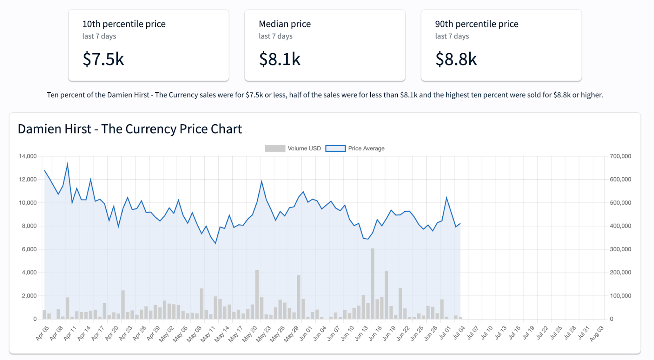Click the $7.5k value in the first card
point(103,59)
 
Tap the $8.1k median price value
point(280,59)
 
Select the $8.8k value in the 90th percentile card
point(456,59)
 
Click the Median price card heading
point(284,24)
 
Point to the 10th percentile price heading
point(124,24)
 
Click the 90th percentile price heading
point(477,24)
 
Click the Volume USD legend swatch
point(275,148)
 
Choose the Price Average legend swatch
point(336,148)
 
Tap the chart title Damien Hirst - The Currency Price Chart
point(130,129)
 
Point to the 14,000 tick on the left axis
point(28,156)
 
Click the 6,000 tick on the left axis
point(29,249)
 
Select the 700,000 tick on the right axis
point(620,156)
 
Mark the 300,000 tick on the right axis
point(620,249)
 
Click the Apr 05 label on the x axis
point(43,333)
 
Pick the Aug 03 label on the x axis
point(596,333)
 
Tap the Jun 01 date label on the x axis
point(306,333)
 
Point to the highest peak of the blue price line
point(67,164)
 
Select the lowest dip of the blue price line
point(215,243)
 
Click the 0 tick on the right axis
point(611,319)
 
